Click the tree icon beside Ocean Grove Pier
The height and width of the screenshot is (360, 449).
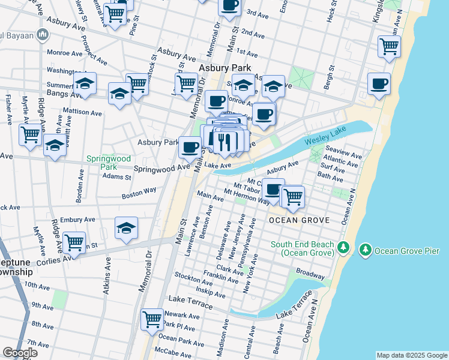click(x=364, y=248)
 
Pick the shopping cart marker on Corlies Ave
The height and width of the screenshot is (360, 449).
click(x=74, y=242)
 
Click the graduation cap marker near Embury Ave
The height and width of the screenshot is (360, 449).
click(x=127, y=227)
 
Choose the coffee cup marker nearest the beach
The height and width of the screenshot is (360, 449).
click(x=379, y=84)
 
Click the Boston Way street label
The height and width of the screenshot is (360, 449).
click(x=139, y=193)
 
